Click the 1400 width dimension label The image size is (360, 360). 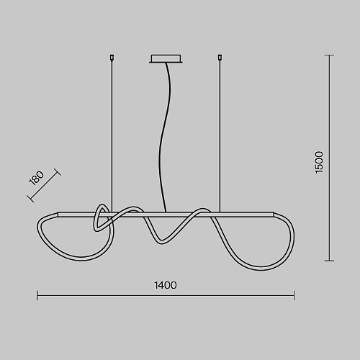click(166, 285)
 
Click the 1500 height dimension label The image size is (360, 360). click(319, 162)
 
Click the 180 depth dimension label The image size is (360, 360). click(37, 178)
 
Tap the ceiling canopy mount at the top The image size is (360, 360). click(166, 59)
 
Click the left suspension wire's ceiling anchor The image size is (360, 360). click(112, 58)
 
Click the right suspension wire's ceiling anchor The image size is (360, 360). click(220, 58)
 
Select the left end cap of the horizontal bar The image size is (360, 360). click(58, 215)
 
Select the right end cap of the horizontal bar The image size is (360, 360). click(273, 215)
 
